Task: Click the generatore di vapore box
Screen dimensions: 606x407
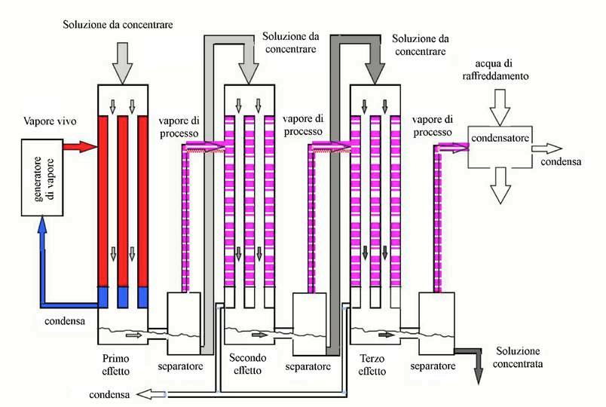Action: coord(42,177)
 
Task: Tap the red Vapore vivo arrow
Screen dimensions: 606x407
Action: coord(79,146)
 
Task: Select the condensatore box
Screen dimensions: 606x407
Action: coord(500,147)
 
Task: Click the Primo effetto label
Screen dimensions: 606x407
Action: coord(115,365)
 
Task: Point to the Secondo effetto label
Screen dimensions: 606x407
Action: coord(247,364)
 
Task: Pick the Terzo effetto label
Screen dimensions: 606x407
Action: coord(372,365)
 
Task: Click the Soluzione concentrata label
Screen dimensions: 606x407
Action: coord(518,357)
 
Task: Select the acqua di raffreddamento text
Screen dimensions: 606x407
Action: coord(495,69)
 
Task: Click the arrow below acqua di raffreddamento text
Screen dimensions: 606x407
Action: coord(500,108)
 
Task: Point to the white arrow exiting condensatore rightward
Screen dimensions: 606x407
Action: coord(546,148)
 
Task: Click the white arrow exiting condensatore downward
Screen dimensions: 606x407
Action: coord(500,185)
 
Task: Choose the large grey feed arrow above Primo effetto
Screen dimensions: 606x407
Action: coord(122,63)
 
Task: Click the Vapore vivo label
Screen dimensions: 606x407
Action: coord(50,121)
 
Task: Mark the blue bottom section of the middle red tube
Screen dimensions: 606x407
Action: coord(123,297)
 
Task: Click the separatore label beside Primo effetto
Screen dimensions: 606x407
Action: coord(180,366)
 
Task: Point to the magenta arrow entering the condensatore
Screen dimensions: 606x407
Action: coord(453,148)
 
